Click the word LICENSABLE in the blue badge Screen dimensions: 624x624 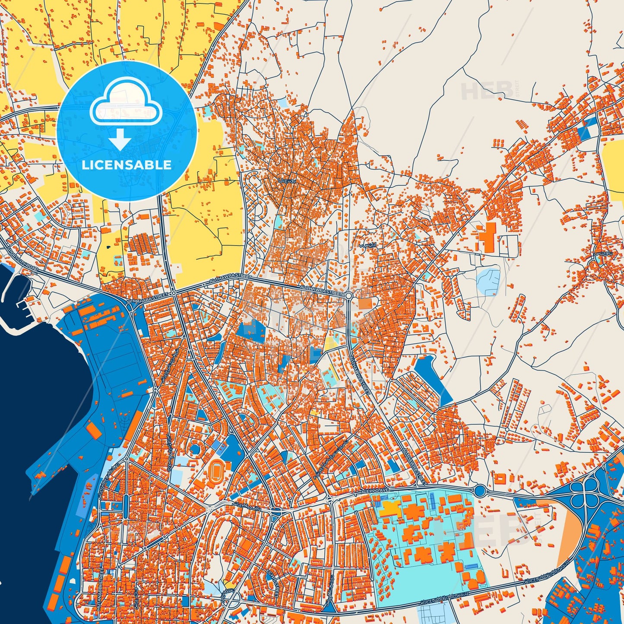(x=127, y=165)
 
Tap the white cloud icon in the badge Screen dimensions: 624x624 (x=126, y=106)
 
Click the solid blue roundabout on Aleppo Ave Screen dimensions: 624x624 (x=480, y=491)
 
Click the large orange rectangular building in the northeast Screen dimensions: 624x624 (x=489, y=237)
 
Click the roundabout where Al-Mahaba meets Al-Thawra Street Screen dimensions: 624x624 (x=173, y=293)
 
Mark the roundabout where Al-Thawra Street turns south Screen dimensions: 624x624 (x=348, y=295)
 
